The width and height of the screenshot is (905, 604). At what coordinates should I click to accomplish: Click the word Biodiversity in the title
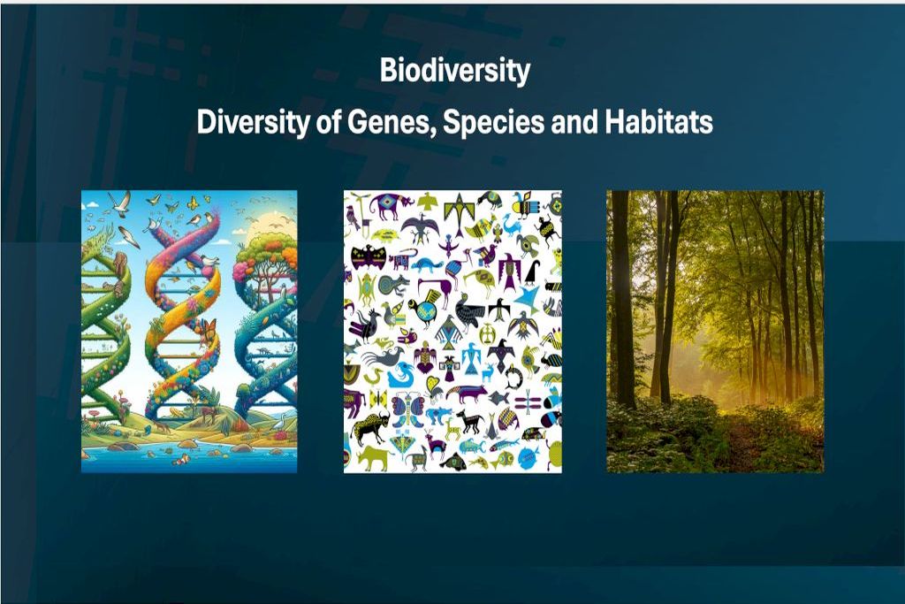pyautogui.click(x=455, y=72)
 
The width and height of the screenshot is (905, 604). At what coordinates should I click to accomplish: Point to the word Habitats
pyautogui.click(x=658, y=122)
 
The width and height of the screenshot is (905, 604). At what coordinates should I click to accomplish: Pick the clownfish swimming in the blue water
pyautogui.click(x=182, y=460)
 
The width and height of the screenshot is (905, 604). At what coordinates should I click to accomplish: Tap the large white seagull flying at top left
pyautogui.click(x=120, y=203)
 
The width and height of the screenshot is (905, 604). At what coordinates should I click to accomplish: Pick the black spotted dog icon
pyautogui.click(x=468, y=423)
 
